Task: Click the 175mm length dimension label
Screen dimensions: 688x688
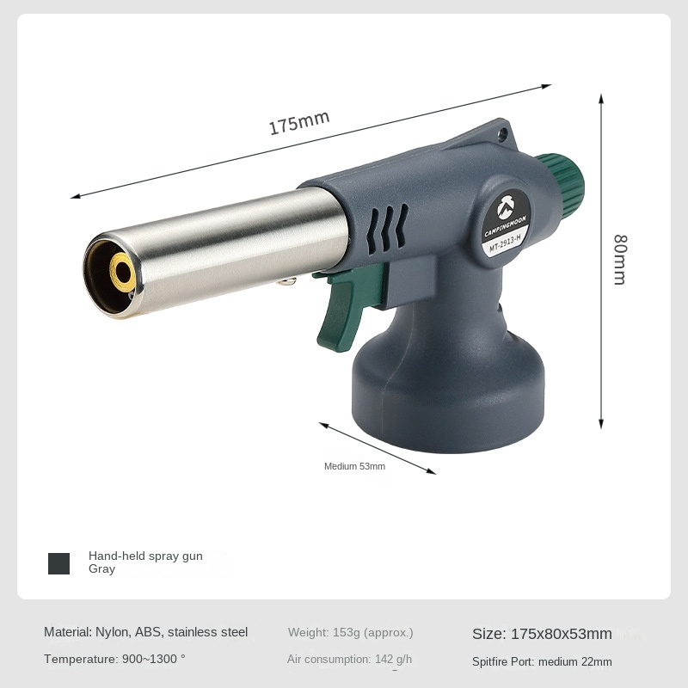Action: point(298,122)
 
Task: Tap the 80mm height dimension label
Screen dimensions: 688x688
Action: point(620,260)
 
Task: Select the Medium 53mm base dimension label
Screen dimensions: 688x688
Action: point(354,466)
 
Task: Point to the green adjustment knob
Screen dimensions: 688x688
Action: point(562,185)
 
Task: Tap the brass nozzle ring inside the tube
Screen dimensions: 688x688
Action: point(122,273)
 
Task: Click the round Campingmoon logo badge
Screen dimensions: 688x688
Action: point(506,224)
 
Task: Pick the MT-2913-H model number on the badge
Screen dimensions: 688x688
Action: point(505,244)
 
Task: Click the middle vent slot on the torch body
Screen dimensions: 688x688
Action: point(388,229)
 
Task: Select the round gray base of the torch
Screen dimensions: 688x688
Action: point(448,395)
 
